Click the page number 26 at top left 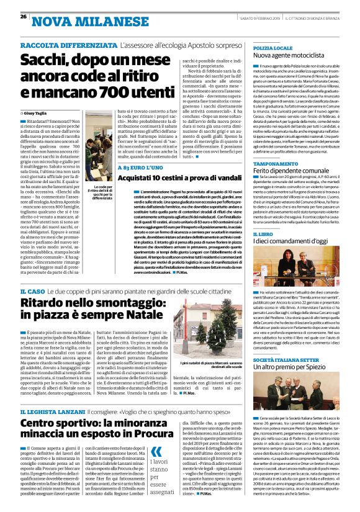(23, 17)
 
